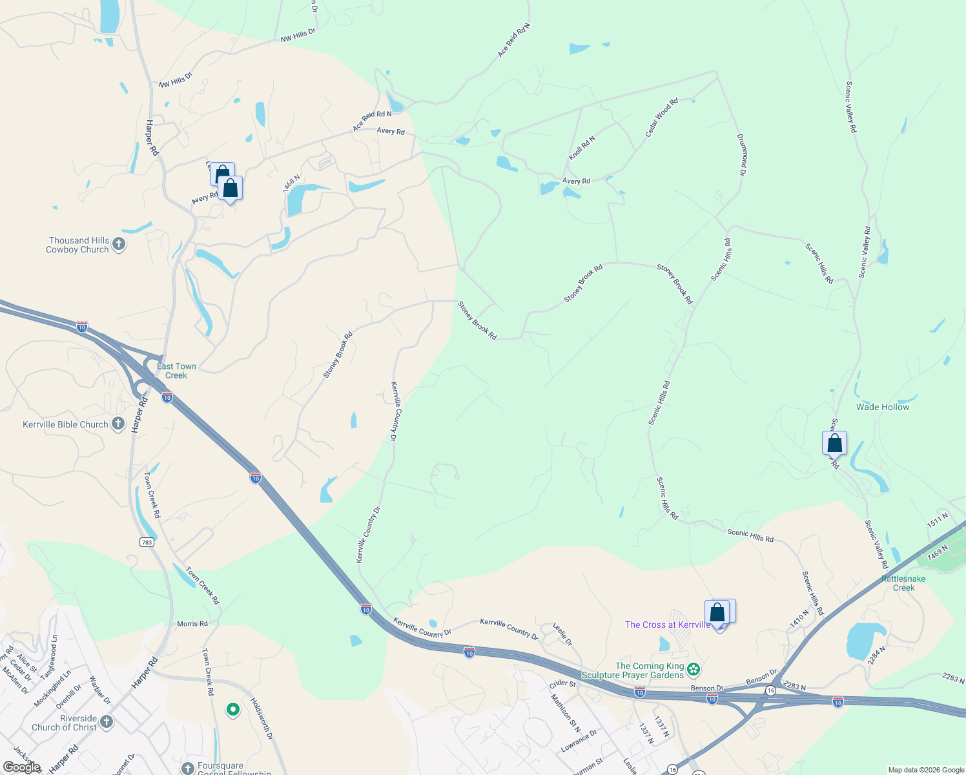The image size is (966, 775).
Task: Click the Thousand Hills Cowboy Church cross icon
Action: (118, 244)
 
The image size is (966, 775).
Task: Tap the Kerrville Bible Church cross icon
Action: (118, 424)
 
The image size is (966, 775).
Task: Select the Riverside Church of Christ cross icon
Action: (106, 722)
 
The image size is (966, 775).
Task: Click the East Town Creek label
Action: (176, 371)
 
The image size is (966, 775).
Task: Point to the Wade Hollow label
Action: (882, 407)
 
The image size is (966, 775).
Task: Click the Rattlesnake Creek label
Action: (903, 583)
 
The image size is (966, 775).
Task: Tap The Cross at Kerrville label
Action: (667, 625)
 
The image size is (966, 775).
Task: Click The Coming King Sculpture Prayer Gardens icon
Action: (694, 669)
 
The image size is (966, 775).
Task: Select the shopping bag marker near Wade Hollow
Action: (834, 444)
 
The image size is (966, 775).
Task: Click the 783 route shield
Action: (147, 542)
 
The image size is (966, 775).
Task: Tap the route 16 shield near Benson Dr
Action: (770, 690)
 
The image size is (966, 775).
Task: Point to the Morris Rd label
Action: (192, 624)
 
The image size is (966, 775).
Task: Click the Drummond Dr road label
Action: (742, 155)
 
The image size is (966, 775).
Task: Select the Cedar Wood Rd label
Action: (661, 118)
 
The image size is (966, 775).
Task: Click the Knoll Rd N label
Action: (582, 148)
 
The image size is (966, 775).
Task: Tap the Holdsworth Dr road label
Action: (262, 719)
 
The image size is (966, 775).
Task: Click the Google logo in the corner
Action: (22, 767)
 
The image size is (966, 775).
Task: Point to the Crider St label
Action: (562, 683)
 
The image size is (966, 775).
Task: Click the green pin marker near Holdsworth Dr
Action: (232, 710)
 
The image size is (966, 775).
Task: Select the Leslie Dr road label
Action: (562, 634)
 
